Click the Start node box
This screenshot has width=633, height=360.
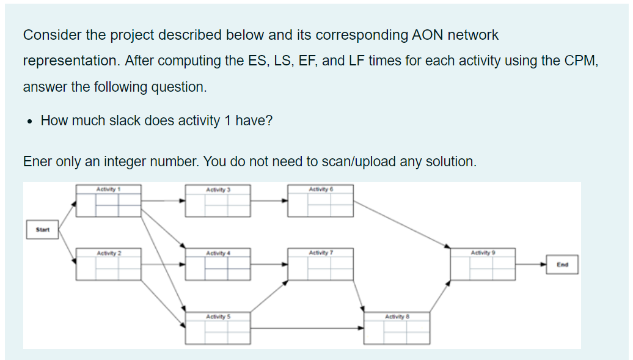coord(42,230)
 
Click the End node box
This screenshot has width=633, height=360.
coord(563,265)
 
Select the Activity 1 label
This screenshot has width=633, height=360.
coord(108,189)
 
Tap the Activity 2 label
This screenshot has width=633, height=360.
coord(109,253)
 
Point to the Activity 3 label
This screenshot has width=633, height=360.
coord(218,189)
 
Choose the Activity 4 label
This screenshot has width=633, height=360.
coord(218,253)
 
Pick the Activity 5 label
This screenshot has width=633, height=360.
coord(218,317)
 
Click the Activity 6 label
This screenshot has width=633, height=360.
coord(321,189)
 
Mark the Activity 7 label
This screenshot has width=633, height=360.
coord(321,252)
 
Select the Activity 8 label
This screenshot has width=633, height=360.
coord(397,317)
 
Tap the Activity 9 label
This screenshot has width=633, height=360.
coord(483,252)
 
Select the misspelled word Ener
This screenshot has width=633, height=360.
coord(37,161)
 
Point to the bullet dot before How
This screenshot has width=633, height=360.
coord(29,121)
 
